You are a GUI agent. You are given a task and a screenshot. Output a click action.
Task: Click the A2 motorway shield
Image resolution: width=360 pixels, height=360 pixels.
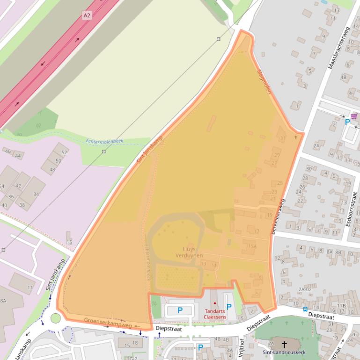tap(87, 15)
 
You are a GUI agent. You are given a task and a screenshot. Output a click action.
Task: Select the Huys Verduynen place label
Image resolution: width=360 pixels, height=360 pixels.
tap(189, 252)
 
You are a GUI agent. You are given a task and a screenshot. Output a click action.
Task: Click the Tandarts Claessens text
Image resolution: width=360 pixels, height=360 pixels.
tap(215, 314)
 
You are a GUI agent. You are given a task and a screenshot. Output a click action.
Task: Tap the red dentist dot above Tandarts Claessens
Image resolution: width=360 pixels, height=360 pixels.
tap(215, 303)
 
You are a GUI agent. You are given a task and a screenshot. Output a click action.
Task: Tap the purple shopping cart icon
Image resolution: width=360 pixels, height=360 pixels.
tap(354, 116)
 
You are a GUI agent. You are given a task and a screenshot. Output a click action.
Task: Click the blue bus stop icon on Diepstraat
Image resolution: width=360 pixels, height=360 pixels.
tap(305, 309)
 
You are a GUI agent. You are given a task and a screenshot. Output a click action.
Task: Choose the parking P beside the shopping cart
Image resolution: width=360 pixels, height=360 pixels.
tap(347, 122)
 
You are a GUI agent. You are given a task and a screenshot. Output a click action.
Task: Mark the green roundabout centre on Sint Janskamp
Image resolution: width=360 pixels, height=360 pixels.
tap(56, 318)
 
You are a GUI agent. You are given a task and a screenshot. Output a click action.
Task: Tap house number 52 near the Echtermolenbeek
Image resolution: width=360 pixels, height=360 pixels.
tap(64, 152)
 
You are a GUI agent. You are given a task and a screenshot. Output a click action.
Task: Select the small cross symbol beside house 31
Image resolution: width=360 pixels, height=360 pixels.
tap(295, 137)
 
